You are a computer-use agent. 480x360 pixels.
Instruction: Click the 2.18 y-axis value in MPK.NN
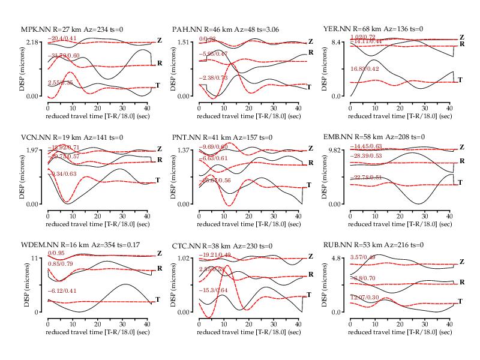(32, 41)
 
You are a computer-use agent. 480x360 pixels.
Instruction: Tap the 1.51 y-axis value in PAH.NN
(184, 41)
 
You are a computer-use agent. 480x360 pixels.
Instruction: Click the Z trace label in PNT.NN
(310, 149)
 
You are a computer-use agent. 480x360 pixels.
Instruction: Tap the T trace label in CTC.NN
(310, 294)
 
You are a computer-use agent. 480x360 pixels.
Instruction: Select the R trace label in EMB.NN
(462, 162)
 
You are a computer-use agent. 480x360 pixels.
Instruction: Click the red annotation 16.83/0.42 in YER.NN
(367, 69)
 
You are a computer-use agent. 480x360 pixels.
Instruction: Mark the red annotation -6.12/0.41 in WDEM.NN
(64, 291)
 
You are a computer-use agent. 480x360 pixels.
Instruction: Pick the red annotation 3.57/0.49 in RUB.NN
(363, 258)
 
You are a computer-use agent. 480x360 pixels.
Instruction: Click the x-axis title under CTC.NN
(250, 331)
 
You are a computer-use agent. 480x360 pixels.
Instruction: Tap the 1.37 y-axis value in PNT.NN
(184, 150)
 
